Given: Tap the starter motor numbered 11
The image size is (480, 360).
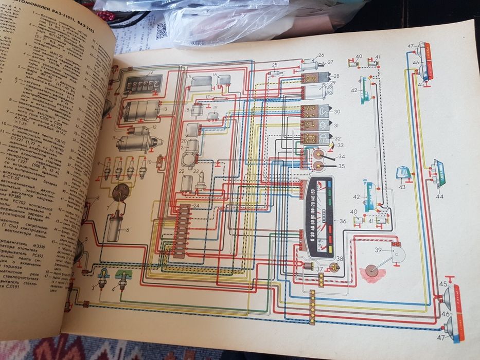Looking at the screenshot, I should pyautogui.click(x=135, y=141).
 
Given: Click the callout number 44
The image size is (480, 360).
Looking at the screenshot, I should pyautogui.click(x=439, y=197).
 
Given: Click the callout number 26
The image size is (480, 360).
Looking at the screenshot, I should pyautogui.click(x=321, y=55).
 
